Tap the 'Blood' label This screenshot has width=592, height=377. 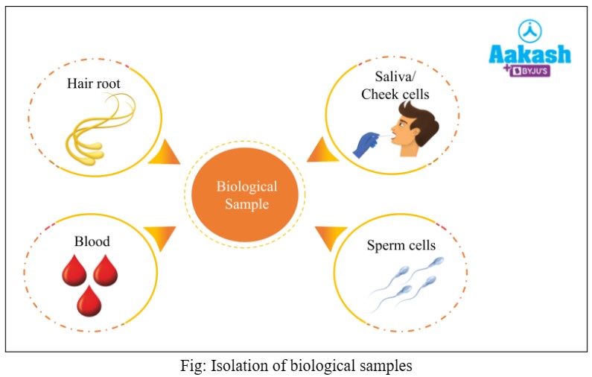[x=92, y=241]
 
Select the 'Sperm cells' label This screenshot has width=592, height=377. [x=401, y=245]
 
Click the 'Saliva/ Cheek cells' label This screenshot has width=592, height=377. [x=395, y=85]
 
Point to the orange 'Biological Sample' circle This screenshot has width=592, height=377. [x=246, y=194]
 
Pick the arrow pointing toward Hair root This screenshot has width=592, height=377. [x=165, y=152]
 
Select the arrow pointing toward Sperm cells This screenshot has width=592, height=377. [x=327, y=238]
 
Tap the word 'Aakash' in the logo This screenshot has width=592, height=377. [x=529, y=54]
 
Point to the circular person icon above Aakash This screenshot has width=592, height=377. [x=529, y=30]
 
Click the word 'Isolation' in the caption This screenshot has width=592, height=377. [x=236, y=366]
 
